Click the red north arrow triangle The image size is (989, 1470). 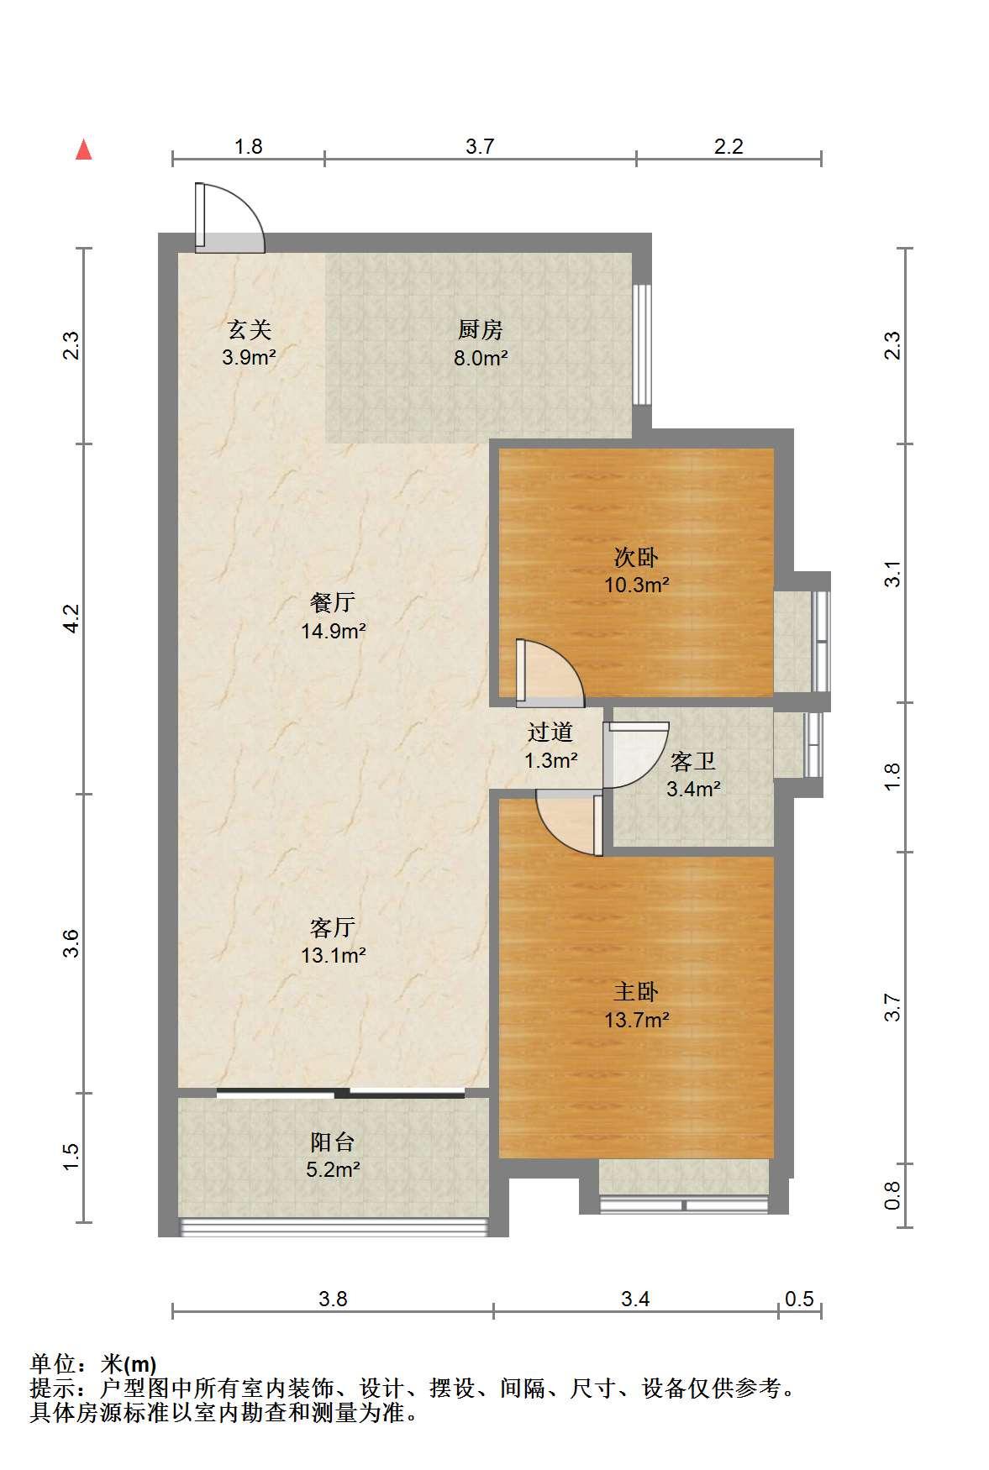pyautogui.click(x=83, y=150)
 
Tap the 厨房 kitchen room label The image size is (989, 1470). pyautogui.click(x=480, y=328)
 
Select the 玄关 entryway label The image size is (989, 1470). pyautogui.click(x=250, y=328)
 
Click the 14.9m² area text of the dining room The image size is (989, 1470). pyautogui.click(x=334, y=631)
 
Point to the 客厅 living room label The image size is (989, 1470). pyautogui.click(x=333, y=927)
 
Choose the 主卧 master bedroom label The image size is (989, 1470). pyautogui.click(x=636, y=992)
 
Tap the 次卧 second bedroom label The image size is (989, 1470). pyautogui.click(x=636, y=557)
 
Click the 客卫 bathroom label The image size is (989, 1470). pyautogui.click(x=693, y=762)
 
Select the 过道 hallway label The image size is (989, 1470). pyautogui.click(x=550, y=732)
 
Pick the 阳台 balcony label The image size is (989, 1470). pyautogui.click(x=333, y=1142)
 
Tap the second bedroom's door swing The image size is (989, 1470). pyautogui.click(x=550, y=672)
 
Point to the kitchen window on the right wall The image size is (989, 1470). pyautogui.click(x=642, y=344)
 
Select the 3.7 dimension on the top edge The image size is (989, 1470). pyautogui.click(x=480, y=146)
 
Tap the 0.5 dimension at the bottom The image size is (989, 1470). pyautogui.click(x=799, y=1299)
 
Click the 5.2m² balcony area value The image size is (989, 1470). pyautogui.click(x=334, y=1168)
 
